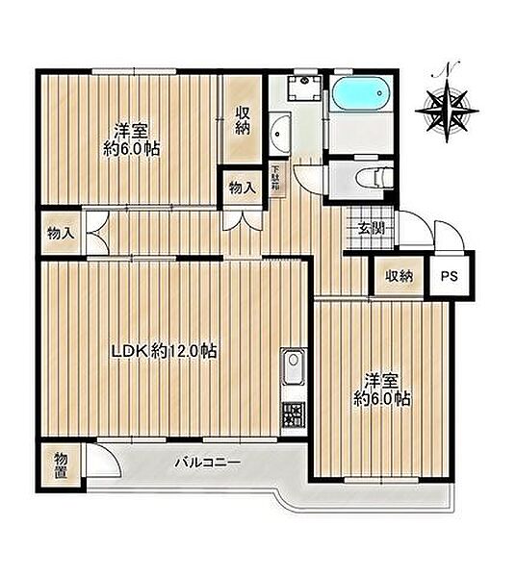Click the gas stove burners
294,414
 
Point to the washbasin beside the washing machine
279,135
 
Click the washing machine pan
304,87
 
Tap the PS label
450,276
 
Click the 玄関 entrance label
372,229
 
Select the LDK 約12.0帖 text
165,352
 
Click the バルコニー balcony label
207,462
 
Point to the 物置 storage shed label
62,465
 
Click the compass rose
447,111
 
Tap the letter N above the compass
447,69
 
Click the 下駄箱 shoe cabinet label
274,178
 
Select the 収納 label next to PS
400,276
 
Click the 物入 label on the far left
62,233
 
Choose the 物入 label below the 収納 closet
243,188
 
